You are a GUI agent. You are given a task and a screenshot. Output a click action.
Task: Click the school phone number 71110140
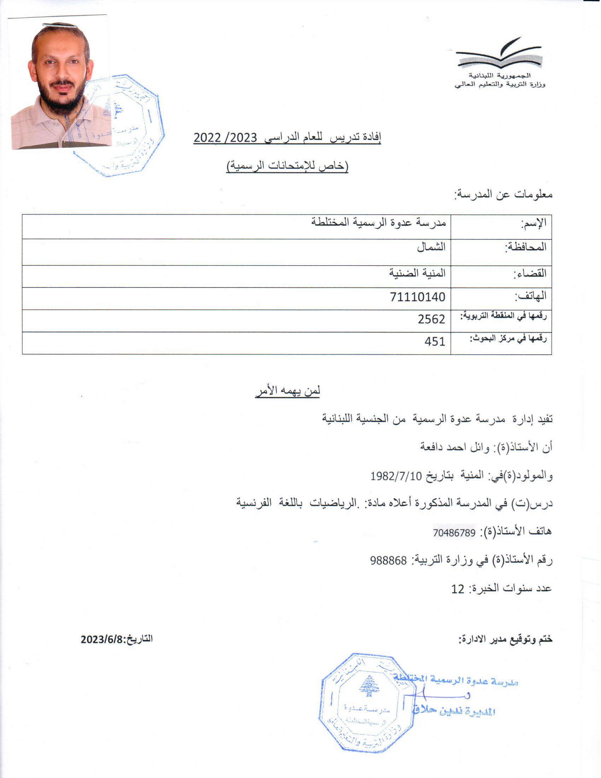click(x=418, y=297)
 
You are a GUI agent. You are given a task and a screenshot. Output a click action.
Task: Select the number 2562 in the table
click(x=432, y=319)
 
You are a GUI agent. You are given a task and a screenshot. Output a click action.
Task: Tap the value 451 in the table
click(x=435, y=342)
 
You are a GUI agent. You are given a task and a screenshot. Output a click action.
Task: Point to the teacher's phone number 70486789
click(x=454, y=533)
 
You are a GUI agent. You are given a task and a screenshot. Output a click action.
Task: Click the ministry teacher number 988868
click(x=389, y=561)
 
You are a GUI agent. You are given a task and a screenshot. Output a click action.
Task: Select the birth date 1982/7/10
click(x=396, y=476)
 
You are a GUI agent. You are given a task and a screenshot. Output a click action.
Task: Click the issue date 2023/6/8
click(x=101, y=639)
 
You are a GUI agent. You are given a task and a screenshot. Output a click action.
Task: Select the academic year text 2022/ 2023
click(x=225, y=138)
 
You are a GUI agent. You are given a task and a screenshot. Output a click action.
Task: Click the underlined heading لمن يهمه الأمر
click(x=287, y=391)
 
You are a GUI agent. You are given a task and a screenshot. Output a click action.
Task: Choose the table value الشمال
click(x=431, y=247)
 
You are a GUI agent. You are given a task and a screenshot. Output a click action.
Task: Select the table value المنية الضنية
click(x=417, y=273)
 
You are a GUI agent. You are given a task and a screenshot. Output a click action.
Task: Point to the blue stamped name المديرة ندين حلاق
click(x=455, y=711)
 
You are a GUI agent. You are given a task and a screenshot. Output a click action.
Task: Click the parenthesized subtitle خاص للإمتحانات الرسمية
click(x=287, y=166)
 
